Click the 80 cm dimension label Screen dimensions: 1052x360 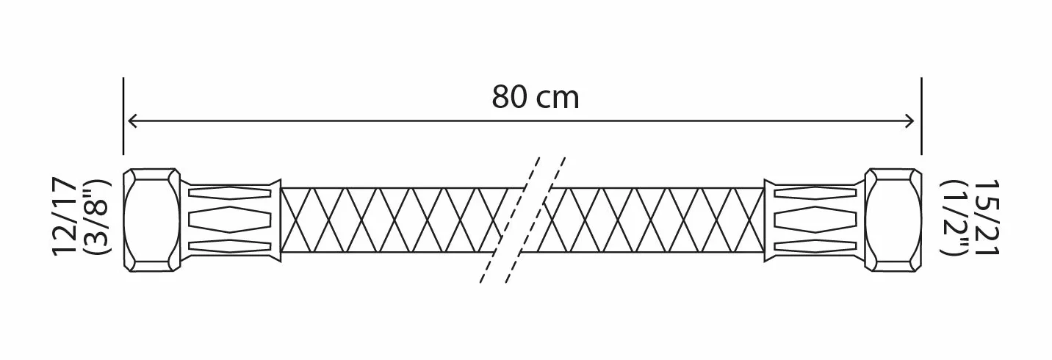pos(536,97)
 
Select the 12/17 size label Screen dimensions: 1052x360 pos(65,216)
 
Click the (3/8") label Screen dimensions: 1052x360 pos(96,217)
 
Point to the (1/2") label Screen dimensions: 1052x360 pos(954,217)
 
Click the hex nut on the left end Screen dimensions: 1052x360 pos(151,220)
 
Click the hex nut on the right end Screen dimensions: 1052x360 pos(893,220)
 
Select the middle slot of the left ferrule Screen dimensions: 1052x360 pos(230,220)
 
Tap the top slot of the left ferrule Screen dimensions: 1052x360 pos(230,192)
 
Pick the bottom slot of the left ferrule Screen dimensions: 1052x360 pos(230,246)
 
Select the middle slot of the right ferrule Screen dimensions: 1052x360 pos(815,220)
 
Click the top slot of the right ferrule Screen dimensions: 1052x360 pos(815,192)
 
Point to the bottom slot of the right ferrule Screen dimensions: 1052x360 pos(815,246)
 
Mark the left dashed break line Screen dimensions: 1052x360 pos(510,220)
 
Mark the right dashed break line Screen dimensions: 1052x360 pos(536,220)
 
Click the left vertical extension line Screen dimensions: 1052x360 pos(123,116)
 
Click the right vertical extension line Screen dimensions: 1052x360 pos(921,116)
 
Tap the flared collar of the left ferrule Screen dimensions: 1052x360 pos(277,220)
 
